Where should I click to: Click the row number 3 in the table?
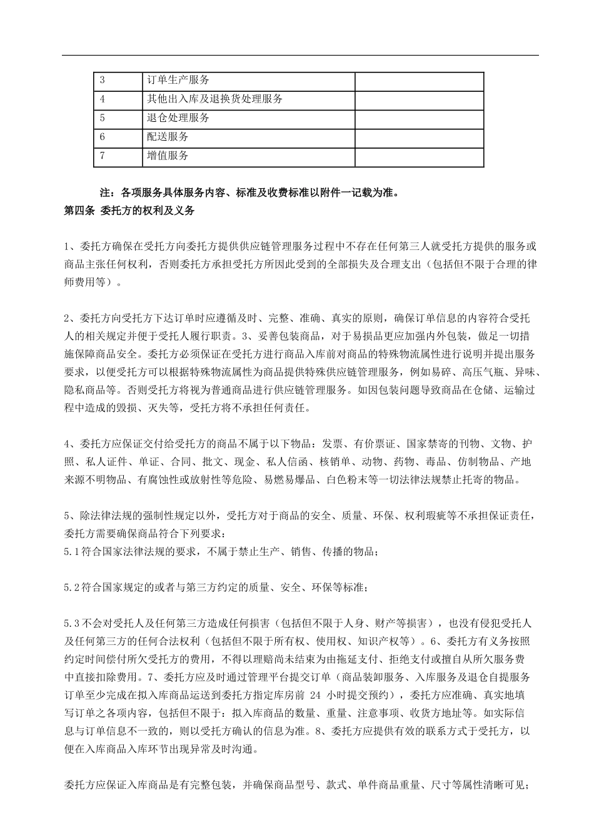point(102,81)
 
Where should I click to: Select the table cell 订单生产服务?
point(178,81)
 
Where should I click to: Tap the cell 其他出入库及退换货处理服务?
point(214,99)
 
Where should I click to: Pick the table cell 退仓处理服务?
point(178,118)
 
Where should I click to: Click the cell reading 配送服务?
point(168,137)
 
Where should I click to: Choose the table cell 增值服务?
point(168,156)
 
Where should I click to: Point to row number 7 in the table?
point(102,156)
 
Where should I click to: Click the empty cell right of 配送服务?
point(419,137)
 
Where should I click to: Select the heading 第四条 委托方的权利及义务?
point(129,211)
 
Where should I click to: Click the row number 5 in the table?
point(102,118)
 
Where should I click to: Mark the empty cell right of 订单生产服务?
point(419,81)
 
